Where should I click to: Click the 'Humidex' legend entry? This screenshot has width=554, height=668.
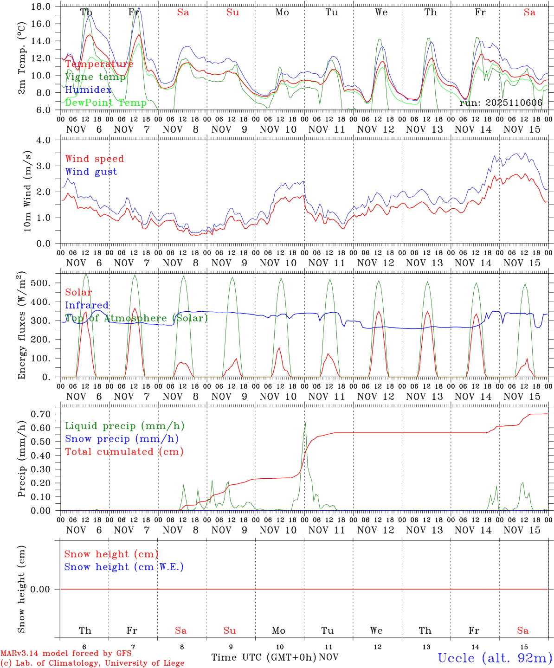click(x=88, y=90)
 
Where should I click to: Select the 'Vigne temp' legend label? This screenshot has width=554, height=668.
click(x=95, y=77)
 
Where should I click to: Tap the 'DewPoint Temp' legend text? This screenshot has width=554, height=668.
click(x=106, y=103)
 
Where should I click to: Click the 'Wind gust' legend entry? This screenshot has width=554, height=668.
click(x=91, y=172)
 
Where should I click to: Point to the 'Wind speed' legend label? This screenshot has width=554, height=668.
click(x=95, y=159)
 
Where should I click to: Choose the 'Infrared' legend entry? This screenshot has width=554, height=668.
click(x=87, y=305)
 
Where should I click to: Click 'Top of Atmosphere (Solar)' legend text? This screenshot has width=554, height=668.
click(x=136, y=318)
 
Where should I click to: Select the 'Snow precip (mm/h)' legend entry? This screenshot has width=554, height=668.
click(x=122, y=439)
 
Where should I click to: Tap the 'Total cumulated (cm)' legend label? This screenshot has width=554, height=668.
click(x=124, y=452)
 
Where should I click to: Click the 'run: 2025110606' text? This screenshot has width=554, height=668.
click(x=501, y=103)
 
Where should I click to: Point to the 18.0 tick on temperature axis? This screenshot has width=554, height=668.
click(x=41, y=6)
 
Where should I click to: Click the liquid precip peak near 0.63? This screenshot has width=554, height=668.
click(x=305, y=423)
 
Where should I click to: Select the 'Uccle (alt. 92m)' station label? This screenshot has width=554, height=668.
click(x=495, y=658)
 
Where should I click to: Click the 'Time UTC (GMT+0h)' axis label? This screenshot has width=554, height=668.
click(x=264, y=657)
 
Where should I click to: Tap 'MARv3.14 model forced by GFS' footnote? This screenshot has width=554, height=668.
click(x=66, y=654)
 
